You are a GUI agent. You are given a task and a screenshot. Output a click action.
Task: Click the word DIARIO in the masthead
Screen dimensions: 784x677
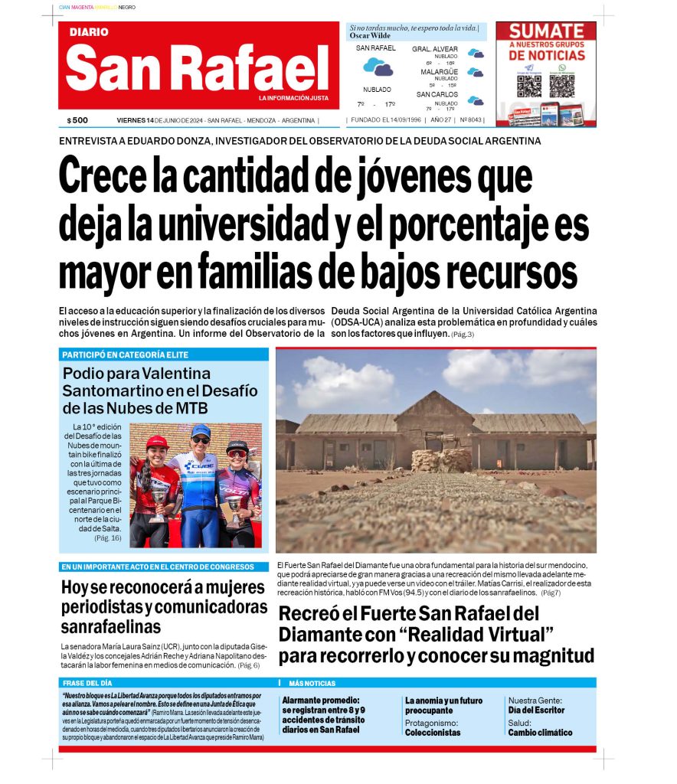tap(89, 32)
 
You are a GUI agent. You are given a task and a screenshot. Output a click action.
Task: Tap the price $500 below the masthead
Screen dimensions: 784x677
tap(77, 120)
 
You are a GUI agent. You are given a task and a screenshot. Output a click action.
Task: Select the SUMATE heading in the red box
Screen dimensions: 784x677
tap(546, 32)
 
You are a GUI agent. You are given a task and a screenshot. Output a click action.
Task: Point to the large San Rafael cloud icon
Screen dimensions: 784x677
tap(377, 67)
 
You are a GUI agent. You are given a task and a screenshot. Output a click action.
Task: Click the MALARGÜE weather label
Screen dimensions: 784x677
tap(439, 71)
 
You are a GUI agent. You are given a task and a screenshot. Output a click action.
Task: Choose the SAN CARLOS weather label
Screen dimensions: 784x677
tap(437, 94)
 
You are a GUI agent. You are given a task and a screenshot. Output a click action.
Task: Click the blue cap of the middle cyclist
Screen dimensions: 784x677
tap(201, 430)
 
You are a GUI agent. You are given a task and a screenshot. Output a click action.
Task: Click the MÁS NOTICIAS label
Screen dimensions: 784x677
tap(312, 682)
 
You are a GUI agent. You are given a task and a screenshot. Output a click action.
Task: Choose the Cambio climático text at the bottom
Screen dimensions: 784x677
tap(540, 732)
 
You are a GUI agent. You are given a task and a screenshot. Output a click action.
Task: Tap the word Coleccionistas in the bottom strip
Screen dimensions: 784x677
tap(433, 732)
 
